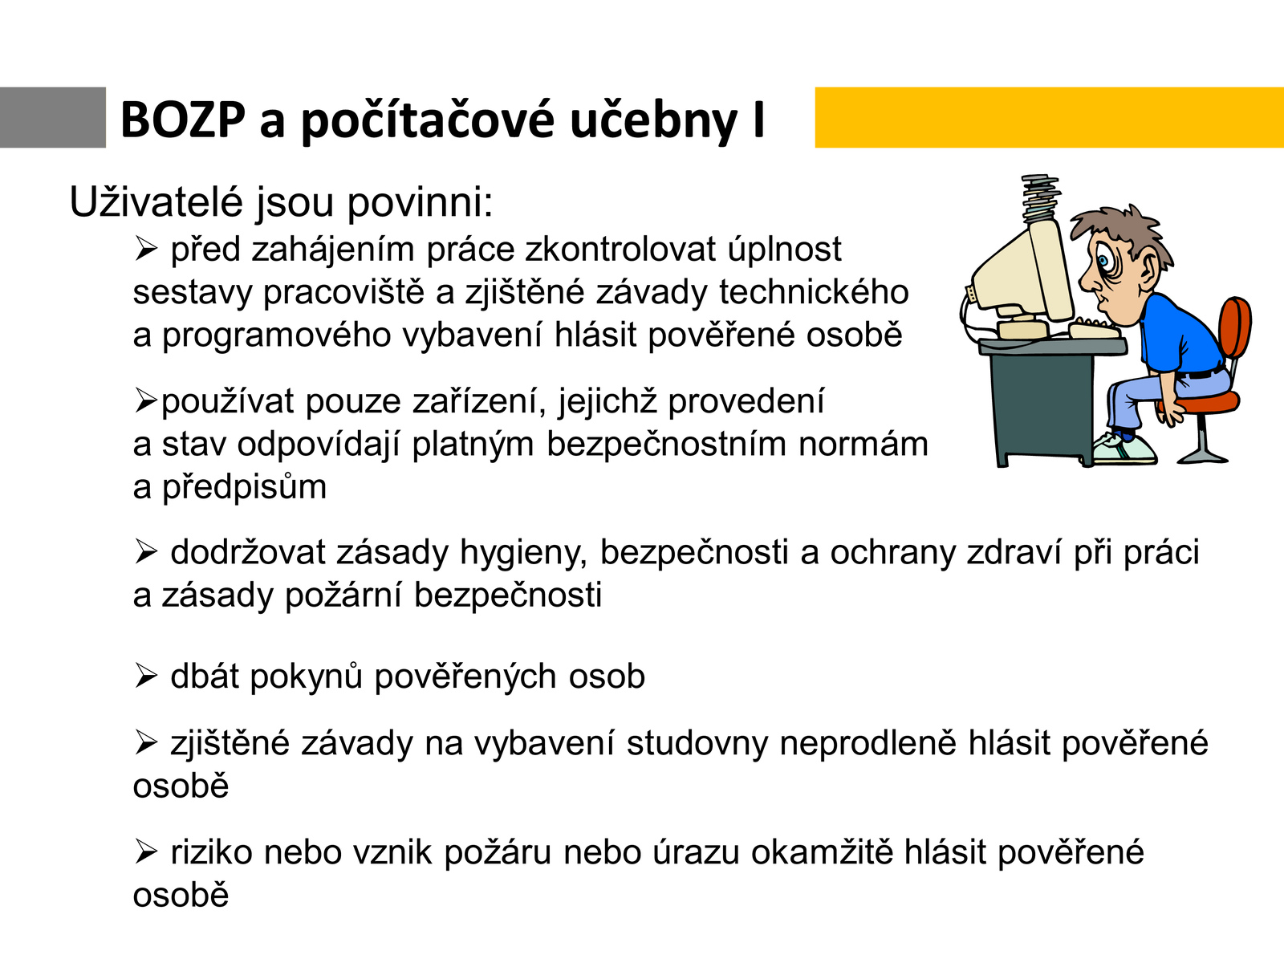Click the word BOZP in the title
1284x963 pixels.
(x=182, y=120)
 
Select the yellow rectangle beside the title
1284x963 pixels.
(x=1050, y=117)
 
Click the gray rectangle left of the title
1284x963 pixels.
(x=53, y=117)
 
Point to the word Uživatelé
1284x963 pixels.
(x=156, y=201)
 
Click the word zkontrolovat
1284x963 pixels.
(x=620, y=249)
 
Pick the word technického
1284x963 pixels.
(x=814, y=292)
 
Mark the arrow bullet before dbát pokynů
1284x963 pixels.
(x=145, y=677)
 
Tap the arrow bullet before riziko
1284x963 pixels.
(x=145, y=852)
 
